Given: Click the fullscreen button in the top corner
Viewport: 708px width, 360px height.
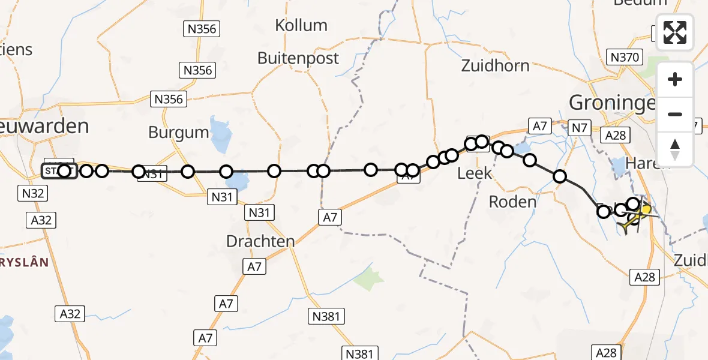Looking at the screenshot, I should click(675, 32).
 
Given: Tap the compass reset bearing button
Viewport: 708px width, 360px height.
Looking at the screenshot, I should click(675, 149).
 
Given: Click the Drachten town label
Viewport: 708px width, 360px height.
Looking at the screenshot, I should click(260, 242).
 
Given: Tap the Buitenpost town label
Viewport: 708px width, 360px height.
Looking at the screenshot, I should click(298, 58).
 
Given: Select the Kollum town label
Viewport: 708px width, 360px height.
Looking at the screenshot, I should click(301, 25).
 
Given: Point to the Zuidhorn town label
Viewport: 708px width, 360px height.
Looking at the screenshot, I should click(495, 65).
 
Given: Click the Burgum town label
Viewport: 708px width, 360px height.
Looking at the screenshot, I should click(178, 133).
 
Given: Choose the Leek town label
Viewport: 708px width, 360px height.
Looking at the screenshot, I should click(474, 174).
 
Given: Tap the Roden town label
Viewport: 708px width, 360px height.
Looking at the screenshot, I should click(512, 202).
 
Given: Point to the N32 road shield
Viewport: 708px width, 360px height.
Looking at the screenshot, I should click(34, 194).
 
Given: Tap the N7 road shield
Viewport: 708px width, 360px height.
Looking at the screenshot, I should click(578, 127).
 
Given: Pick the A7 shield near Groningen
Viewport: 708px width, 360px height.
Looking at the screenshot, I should click(538, 126).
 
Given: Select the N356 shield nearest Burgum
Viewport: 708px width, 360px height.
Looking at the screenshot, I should click(169, 100).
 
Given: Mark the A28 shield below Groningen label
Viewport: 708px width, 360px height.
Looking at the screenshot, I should click(616, 136).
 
